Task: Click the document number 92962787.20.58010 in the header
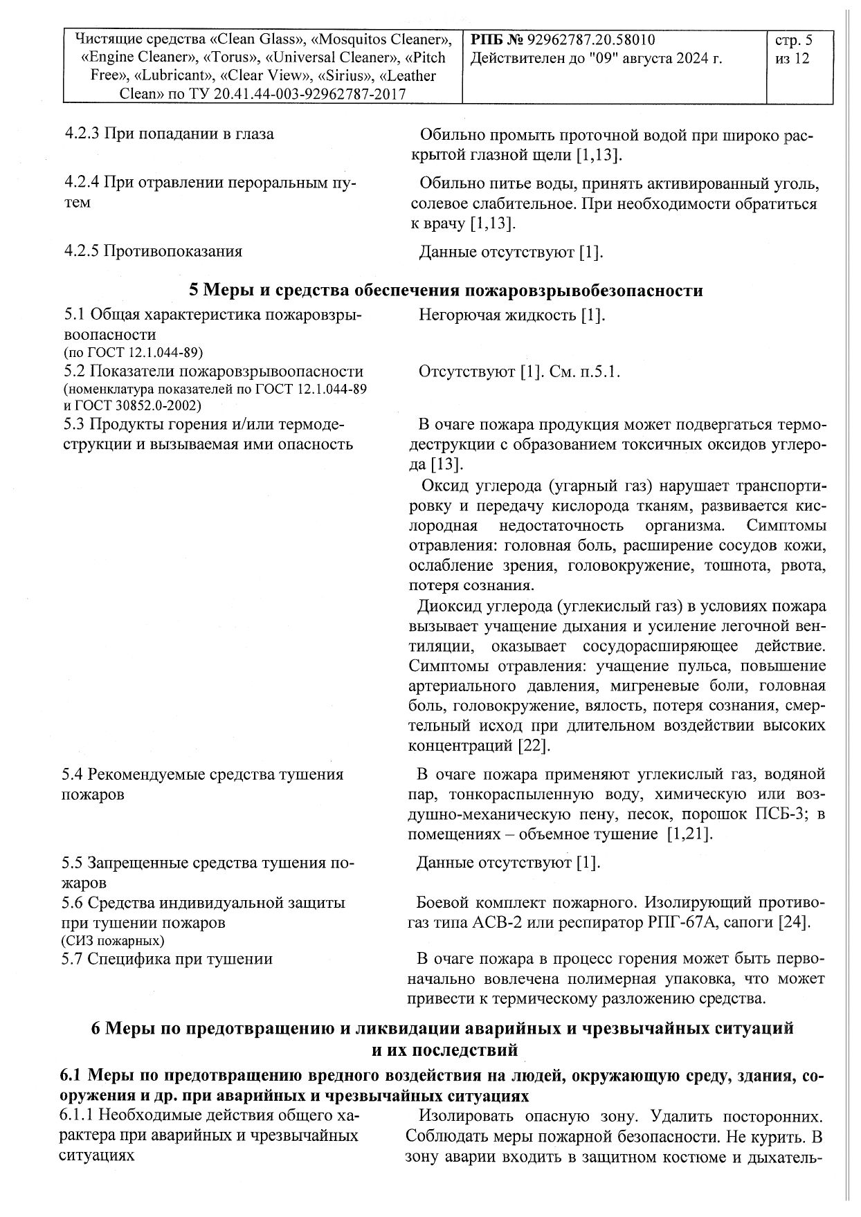pyautogui.click(x=591, y=40)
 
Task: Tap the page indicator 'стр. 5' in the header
pyautogui.click(x=795, y=40)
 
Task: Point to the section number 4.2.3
pyautogui.click(x=82, y=134)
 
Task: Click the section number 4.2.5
pyautogui.click(x=82, y=250)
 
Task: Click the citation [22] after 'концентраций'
pyautogui.click(x=534, y=746)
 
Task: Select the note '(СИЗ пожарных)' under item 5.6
pyautogui.click(x=113, y=941)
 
